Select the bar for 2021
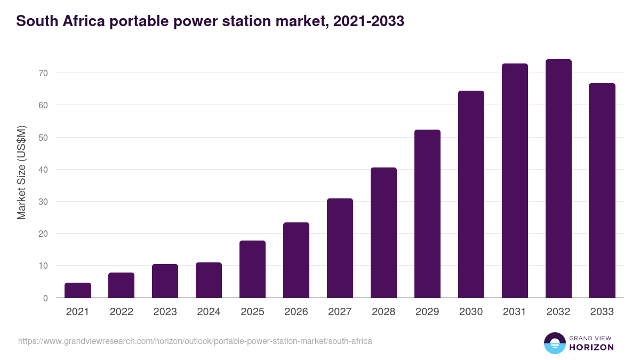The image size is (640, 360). [x=78, y=290]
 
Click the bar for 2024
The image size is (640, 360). [x=209, y=280]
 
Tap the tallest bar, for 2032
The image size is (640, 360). [x=558, y=179]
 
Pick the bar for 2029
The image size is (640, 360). [x=427, y=213]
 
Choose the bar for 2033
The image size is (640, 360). [x=602, y=190]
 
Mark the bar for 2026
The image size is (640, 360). [x=296, y=260]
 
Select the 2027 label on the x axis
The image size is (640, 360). [x=340, y=312]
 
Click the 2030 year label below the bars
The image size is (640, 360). [x=471, y=312]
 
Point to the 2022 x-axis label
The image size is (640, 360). [x=122, y=312]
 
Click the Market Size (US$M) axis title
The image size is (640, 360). [x=21, y=172]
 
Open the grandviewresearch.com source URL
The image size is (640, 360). [x=195, y=341]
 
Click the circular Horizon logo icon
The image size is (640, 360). [x=554, y=343]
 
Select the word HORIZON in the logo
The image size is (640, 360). [x=591, y=347]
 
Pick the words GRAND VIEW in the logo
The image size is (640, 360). [x=591, y=338]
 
